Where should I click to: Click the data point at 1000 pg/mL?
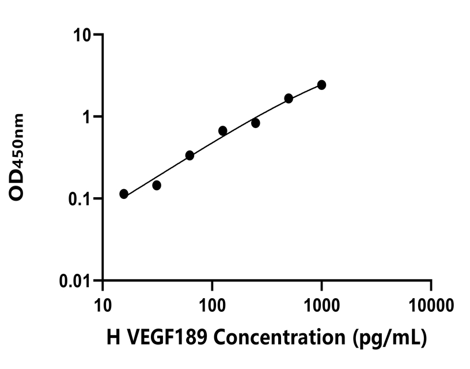pyautogui.click(x=321, y=85)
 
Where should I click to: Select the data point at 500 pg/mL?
pyautogui.click(x=289, y=99)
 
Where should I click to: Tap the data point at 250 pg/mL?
pyautogui.click(x=256, y=123)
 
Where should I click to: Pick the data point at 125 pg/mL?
pyautogui.click(x=223, y=131)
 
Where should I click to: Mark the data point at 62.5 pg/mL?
pyautogui.click(x=189, y=155)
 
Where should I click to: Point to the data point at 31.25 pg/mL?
pyautogui.click(x=157, y=185)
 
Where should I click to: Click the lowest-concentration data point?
pyautogui.click(x=124, y=194)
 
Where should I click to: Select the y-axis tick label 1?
pyautogui.click(x=89, y=117)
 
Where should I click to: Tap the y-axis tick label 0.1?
pyautogui.click(x=82, y=199)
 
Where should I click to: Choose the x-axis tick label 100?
pyautogui.click(x=212, y=303)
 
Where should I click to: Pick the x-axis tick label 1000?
pyautogui.click(x=321, y=303)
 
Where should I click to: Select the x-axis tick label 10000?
pyautogui.click(x=431, y=303)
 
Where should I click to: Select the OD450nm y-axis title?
pyautogui.click(x=18, y=157)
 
